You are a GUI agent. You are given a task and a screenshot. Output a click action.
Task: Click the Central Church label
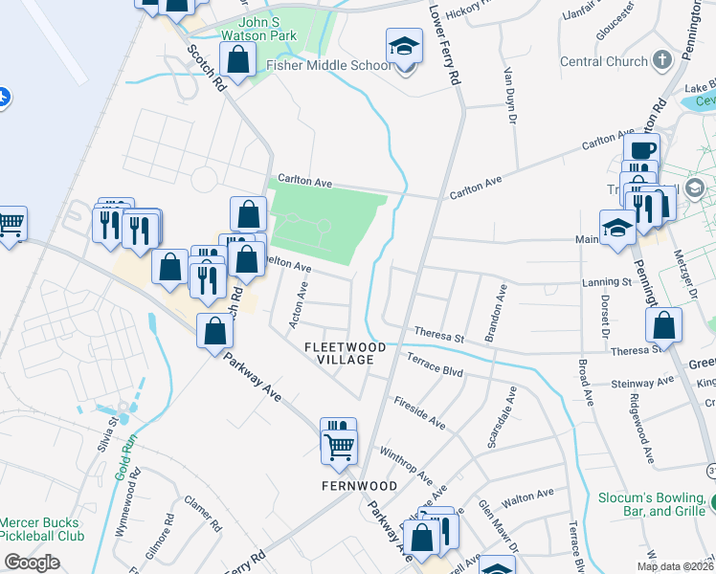(603, 62)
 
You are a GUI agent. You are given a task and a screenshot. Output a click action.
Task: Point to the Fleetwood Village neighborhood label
(345, 353)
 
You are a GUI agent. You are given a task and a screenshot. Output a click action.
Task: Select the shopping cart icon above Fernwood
(339, 445)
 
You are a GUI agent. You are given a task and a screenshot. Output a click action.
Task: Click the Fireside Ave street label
(419, 412)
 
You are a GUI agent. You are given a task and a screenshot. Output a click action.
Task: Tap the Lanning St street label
(608, 282)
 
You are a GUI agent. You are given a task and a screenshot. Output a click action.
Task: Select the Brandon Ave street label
(496, 313)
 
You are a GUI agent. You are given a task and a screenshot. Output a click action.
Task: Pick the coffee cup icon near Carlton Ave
(641, 150)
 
